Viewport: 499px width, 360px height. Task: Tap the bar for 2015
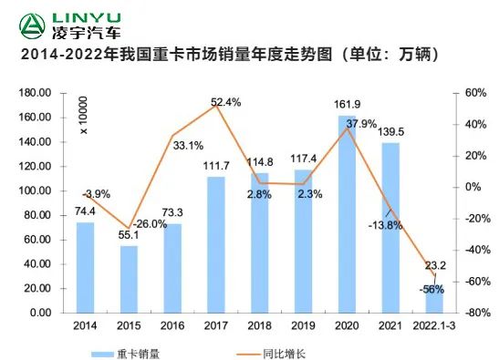[129, 279]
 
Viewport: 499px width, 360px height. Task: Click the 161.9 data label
[348, 105]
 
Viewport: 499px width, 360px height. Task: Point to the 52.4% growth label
[225, 102]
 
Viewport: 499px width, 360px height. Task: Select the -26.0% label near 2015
[150, 223]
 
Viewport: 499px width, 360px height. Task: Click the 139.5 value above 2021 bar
[390, 132]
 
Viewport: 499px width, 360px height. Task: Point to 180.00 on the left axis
[34, 93]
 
